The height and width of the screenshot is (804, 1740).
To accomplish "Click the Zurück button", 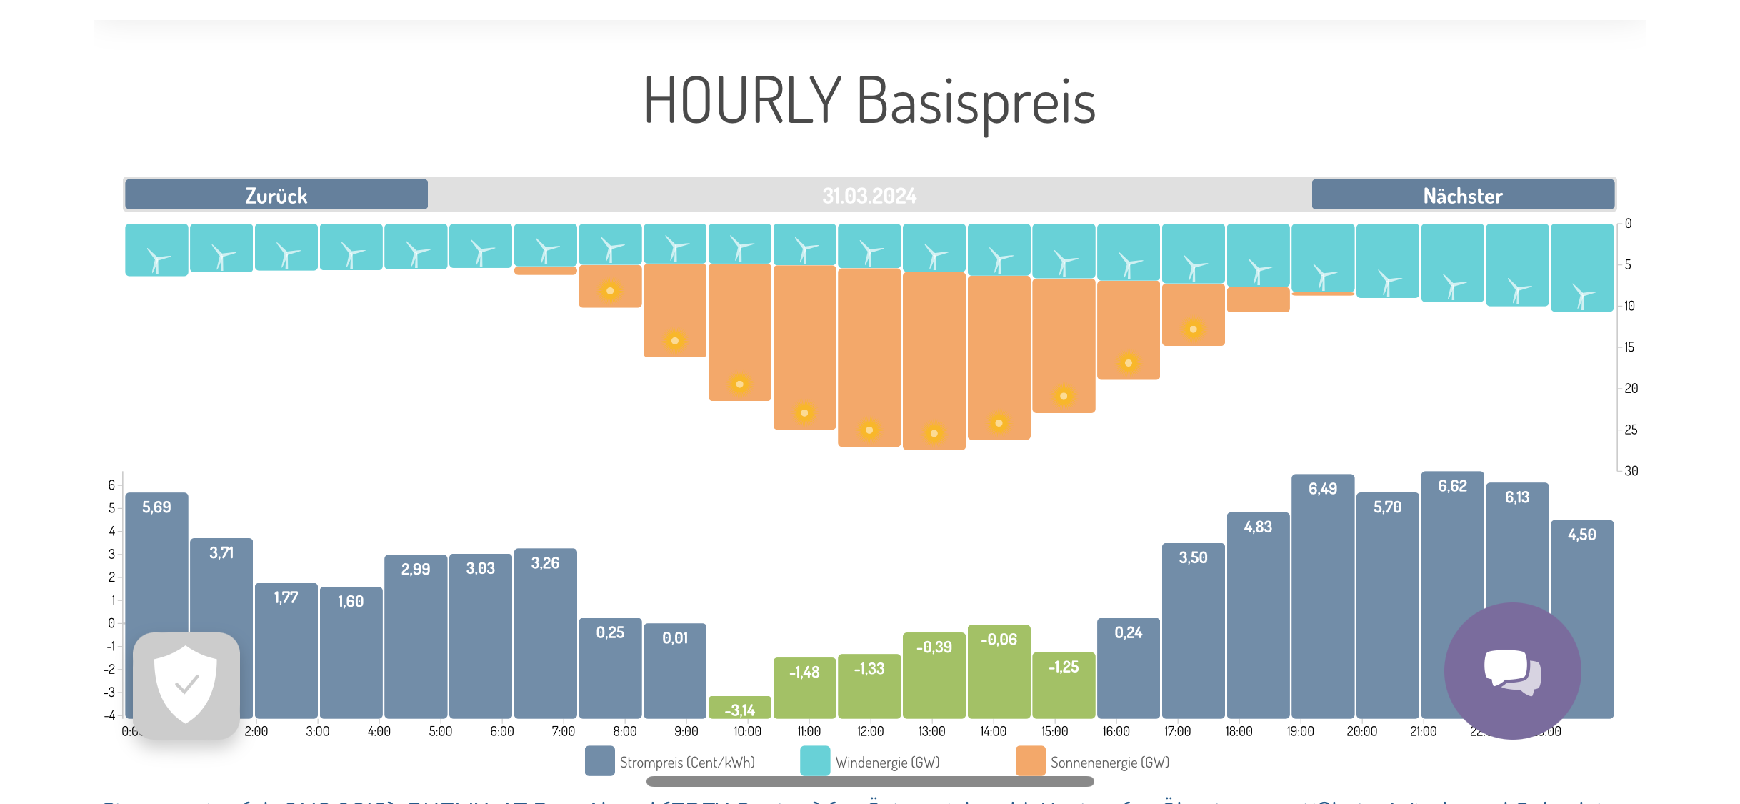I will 276,195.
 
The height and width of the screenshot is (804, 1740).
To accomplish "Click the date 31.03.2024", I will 869,196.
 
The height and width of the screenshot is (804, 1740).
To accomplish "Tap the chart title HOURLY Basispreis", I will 869,101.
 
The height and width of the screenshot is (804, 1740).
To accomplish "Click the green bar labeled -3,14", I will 740,708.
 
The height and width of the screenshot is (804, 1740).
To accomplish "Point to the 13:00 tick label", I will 931,731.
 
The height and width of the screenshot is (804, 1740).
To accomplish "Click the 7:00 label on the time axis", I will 563,731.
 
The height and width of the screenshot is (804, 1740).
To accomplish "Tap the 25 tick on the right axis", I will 1631,430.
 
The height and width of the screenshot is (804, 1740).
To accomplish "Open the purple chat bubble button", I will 1512,670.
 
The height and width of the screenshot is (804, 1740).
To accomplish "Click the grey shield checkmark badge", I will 186,685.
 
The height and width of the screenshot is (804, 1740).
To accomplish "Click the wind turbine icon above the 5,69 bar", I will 156,259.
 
